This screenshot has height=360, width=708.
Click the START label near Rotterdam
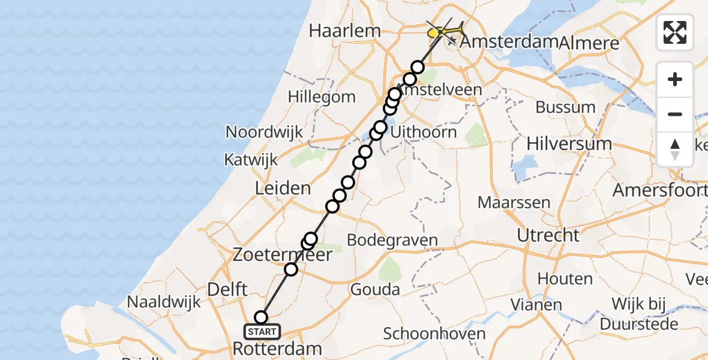pos(262,331)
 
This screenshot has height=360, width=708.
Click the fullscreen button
pos(675,32)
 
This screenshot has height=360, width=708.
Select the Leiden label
pos(283,188)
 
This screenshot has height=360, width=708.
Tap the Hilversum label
pos(569,144)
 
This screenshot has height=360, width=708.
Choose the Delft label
pos(227,290)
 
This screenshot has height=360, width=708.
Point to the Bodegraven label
pos(392,241)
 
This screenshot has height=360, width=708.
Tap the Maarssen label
pos(514,202)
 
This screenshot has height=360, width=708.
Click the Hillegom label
pos(322,97)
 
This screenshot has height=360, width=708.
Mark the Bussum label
pos(565,108)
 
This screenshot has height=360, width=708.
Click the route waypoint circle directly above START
pos(261,317)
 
